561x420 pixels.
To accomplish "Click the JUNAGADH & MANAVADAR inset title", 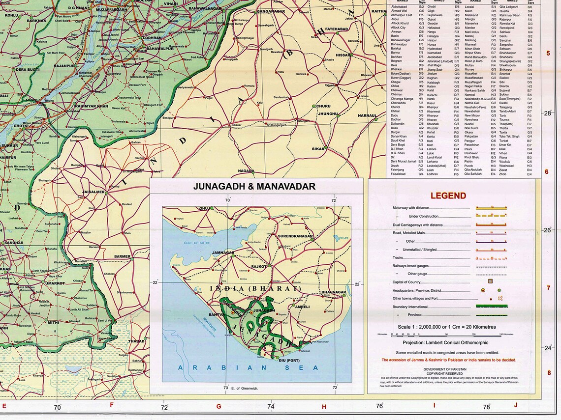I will click(254, 186).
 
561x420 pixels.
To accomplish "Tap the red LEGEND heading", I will click(448, 196).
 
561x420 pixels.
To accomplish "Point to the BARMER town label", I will click(122, 256).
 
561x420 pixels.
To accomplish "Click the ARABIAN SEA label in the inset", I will click(249, 367).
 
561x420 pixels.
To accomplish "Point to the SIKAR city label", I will click(319, 148).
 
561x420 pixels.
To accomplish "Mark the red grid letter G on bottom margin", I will click(218, 406).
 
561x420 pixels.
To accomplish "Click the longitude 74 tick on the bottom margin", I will click(270, 406).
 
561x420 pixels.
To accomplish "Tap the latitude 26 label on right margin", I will click(547, 230).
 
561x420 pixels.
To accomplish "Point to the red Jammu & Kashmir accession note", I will click(449, 360).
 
